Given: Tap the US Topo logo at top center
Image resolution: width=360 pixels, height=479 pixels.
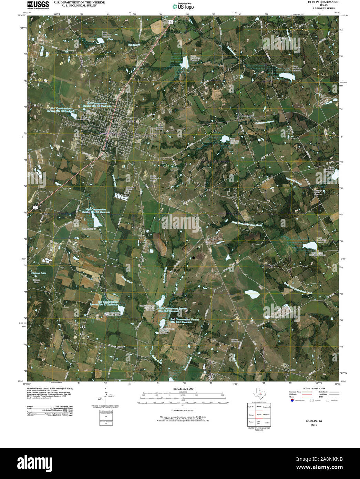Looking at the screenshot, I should click(183, 6).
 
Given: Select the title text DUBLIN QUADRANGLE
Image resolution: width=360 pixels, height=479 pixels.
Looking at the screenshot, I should click(319, 2).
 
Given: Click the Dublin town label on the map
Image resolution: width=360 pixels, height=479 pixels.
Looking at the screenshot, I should click(131, 121).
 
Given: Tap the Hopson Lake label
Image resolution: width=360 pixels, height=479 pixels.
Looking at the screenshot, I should click(39, 273).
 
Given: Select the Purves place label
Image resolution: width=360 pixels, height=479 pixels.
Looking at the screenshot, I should click(291, 370).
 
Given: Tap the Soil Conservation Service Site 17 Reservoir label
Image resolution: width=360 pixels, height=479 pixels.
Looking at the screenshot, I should click(104, 303).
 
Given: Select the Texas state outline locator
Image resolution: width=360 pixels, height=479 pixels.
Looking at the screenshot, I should click(258, 393).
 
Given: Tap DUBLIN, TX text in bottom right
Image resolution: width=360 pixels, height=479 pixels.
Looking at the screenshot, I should click(314, 421).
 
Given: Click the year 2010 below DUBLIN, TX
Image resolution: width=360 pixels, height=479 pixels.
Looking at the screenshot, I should click(314, 425).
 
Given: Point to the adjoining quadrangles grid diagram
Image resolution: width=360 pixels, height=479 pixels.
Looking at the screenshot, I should click(259, 414).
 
